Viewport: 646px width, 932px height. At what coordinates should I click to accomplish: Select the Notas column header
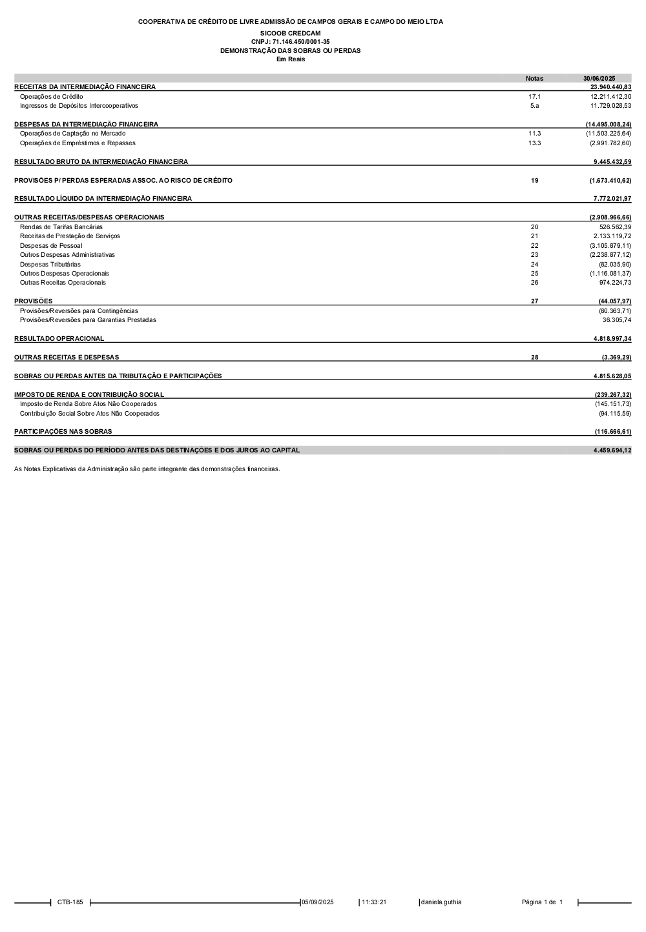pos(534,79)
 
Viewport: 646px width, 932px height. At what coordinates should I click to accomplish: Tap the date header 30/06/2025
pos(599,79)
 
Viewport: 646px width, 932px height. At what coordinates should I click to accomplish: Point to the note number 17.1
pos(534,96)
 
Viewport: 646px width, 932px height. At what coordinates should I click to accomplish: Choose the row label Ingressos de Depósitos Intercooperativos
pos(79,106)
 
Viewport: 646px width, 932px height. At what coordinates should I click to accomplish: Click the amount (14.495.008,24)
pos(609,124)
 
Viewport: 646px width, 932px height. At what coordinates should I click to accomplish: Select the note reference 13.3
pos(534,143)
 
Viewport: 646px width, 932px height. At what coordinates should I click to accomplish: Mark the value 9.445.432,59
pos(612,161)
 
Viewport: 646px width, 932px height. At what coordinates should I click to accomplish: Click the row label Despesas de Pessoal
pos(51,246)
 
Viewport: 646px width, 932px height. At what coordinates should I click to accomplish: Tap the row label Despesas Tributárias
pos(50,265)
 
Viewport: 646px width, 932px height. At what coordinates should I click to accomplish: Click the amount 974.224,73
pos(615,283)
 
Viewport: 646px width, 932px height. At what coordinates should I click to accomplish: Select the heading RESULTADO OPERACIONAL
pos(59,339)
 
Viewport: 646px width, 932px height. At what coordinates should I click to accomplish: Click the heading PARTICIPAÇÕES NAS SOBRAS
pos(63,432)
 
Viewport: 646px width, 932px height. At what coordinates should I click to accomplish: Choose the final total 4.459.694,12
pos(612,451)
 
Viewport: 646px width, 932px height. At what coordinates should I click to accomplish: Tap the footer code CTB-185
pos(70,902)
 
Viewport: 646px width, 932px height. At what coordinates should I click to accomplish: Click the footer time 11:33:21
pos(374,902)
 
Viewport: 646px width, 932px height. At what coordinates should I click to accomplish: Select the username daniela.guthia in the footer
pos(441,902)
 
